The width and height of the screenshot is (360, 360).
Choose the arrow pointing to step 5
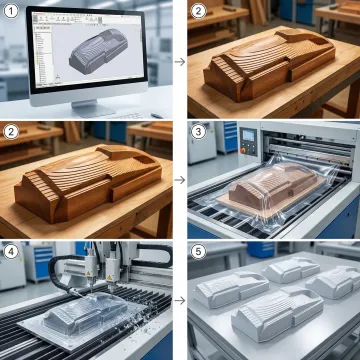click(x=177, y=299)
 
